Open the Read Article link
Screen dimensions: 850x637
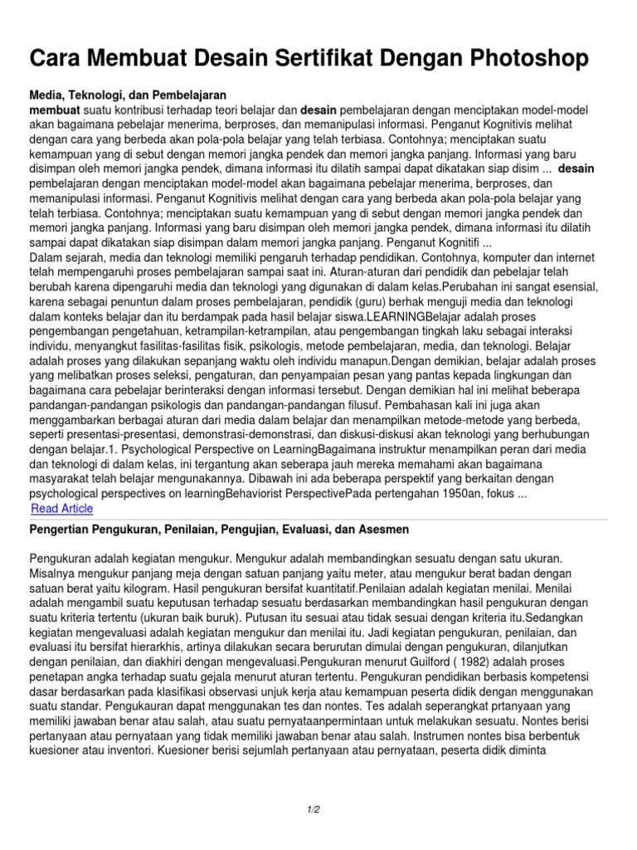coord(62,509)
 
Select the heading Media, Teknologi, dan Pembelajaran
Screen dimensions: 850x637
coord(129,95)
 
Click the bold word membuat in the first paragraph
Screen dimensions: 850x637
coord(55,110)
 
